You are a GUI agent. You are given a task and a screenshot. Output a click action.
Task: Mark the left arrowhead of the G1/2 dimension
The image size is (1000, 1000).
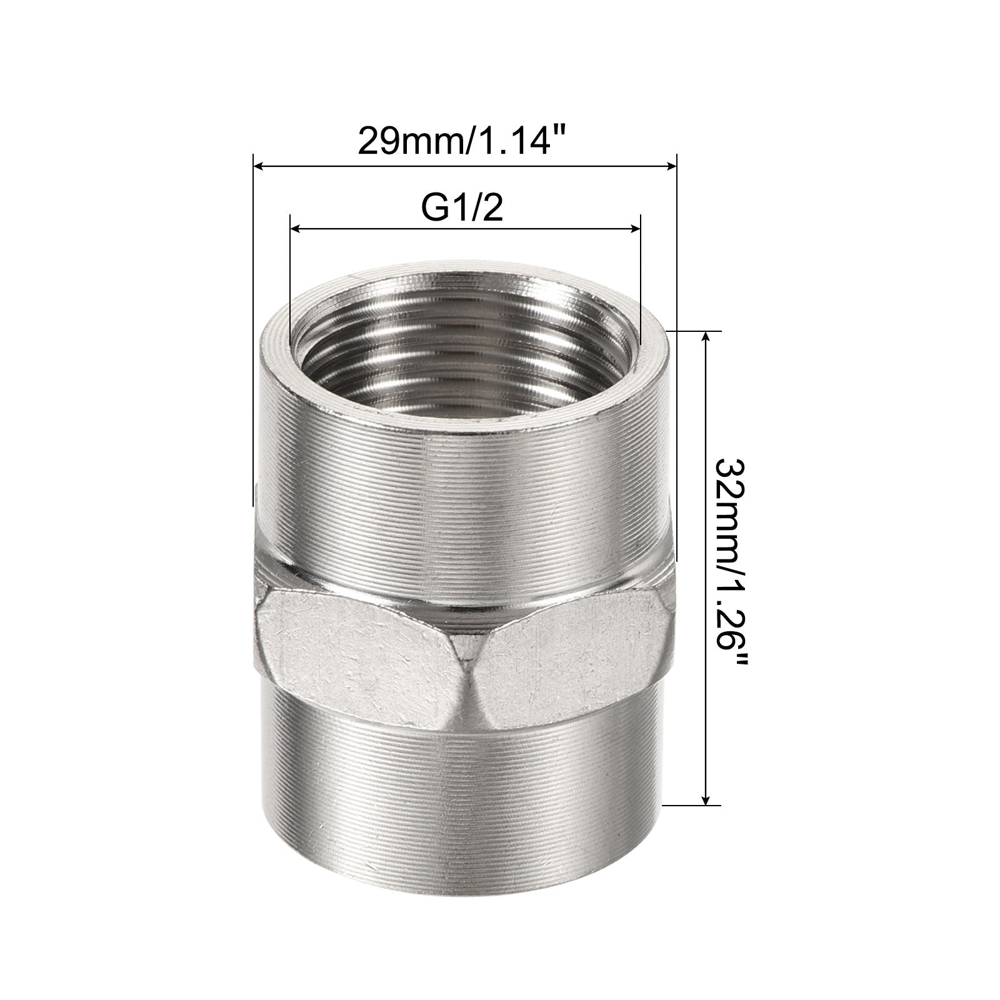point(297,229)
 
